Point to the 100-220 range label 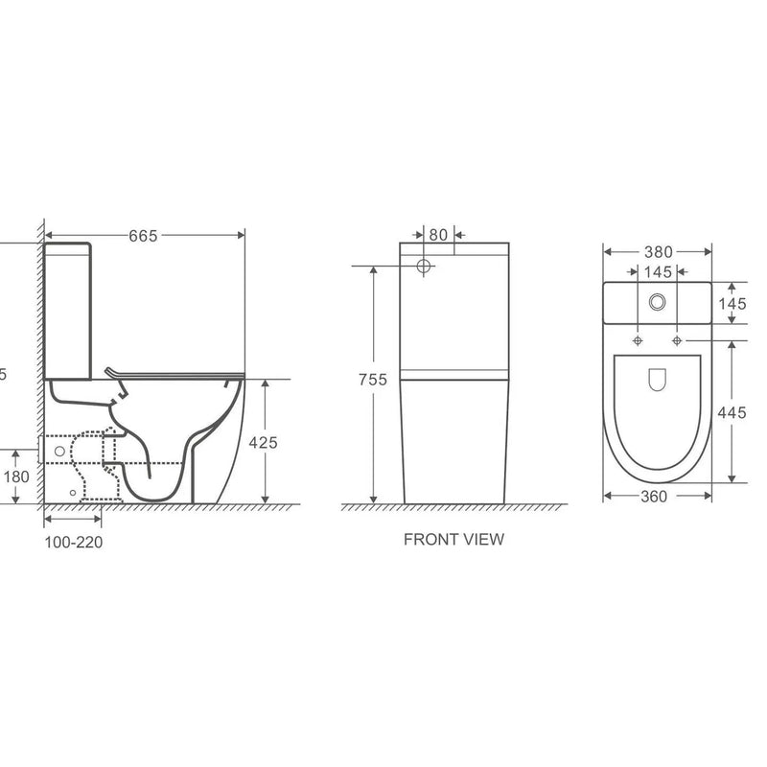coord(74,542)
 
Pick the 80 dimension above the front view coord(438,233)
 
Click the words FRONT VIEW coord(453,540)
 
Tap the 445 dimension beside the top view coord(732,413)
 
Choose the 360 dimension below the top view coord(657,496)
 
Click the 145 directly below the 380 coord(657,272)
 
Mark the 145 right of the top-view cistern coord(732,303)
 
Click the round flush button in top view coord(657,301)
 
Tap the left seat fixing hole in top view coord(638,340)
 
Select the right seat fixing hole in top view coord(677,340)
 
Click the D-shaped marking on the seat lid coord(657,380)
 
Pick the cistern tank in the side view coord(69,309)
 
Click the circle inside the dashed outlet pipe coord(60,450)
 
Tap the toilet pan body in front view coord(453,441)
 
